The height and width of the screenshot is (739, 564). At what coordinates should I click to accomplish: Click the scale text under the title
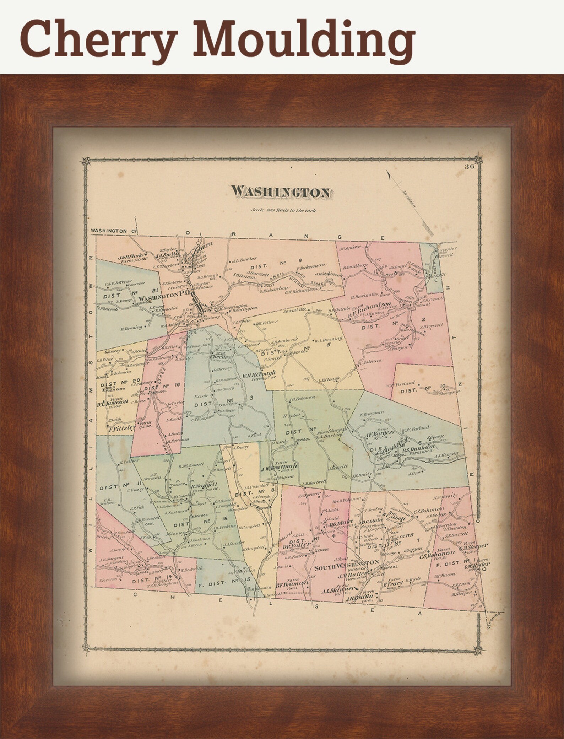coord(283,210)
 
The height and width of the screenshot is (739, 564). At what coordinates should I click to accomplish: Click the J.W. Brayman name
coord(278,468)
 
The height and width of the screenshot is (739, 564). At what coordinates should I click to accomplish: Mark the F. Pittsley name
coord(122,428)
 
